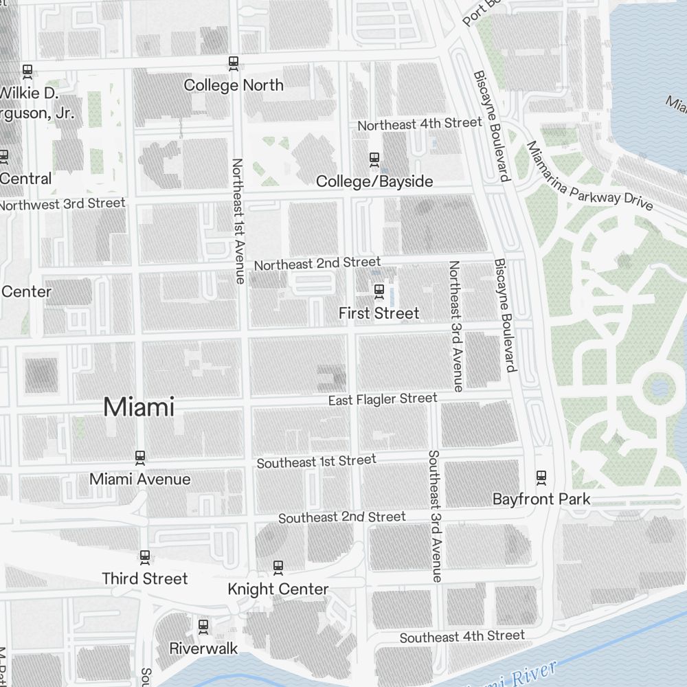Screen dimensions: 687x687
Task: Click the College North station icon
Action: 234,63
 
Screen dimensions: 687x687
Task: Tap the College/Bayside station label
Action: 374,181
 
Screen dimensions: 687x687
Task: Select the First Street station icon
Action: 379,291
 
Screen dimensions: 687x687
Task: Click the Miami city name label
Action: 139,407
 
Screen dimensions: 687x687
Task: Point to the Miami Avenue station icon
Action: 140,457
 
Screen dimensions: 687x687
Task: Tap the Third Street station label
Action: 145,578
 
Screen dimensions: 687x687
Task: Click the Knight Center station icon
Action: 278,567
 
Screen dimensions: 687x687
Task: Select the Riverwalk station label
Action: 203,648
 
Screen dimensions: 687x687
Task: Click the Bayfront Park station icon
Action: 541,477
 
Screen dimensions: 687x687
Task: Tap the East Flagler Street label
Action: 383,399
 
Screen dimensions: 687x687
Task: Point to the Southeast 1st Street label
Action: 317,462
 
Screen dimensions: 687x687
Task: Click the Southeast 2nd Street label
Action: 342,517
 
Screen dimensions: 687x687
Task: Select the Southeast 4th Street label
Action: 462,637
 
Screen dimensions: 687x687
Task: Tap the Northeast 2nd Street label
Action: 317,263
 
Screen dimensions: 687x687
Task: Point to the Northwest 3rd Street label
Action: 63,204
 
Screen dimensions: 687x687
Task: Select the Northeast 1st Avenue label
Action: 238,221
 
